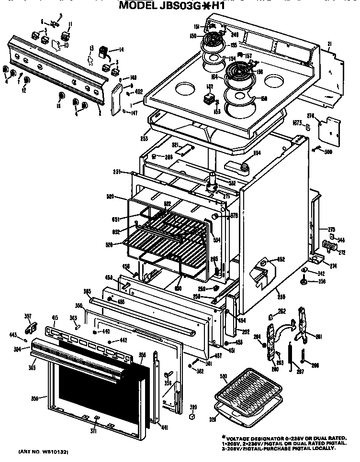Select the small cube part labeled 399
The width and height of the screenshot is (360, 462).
tap(192, 416)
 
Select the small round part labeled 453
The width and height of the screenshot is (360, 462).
tap(226, 343)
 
